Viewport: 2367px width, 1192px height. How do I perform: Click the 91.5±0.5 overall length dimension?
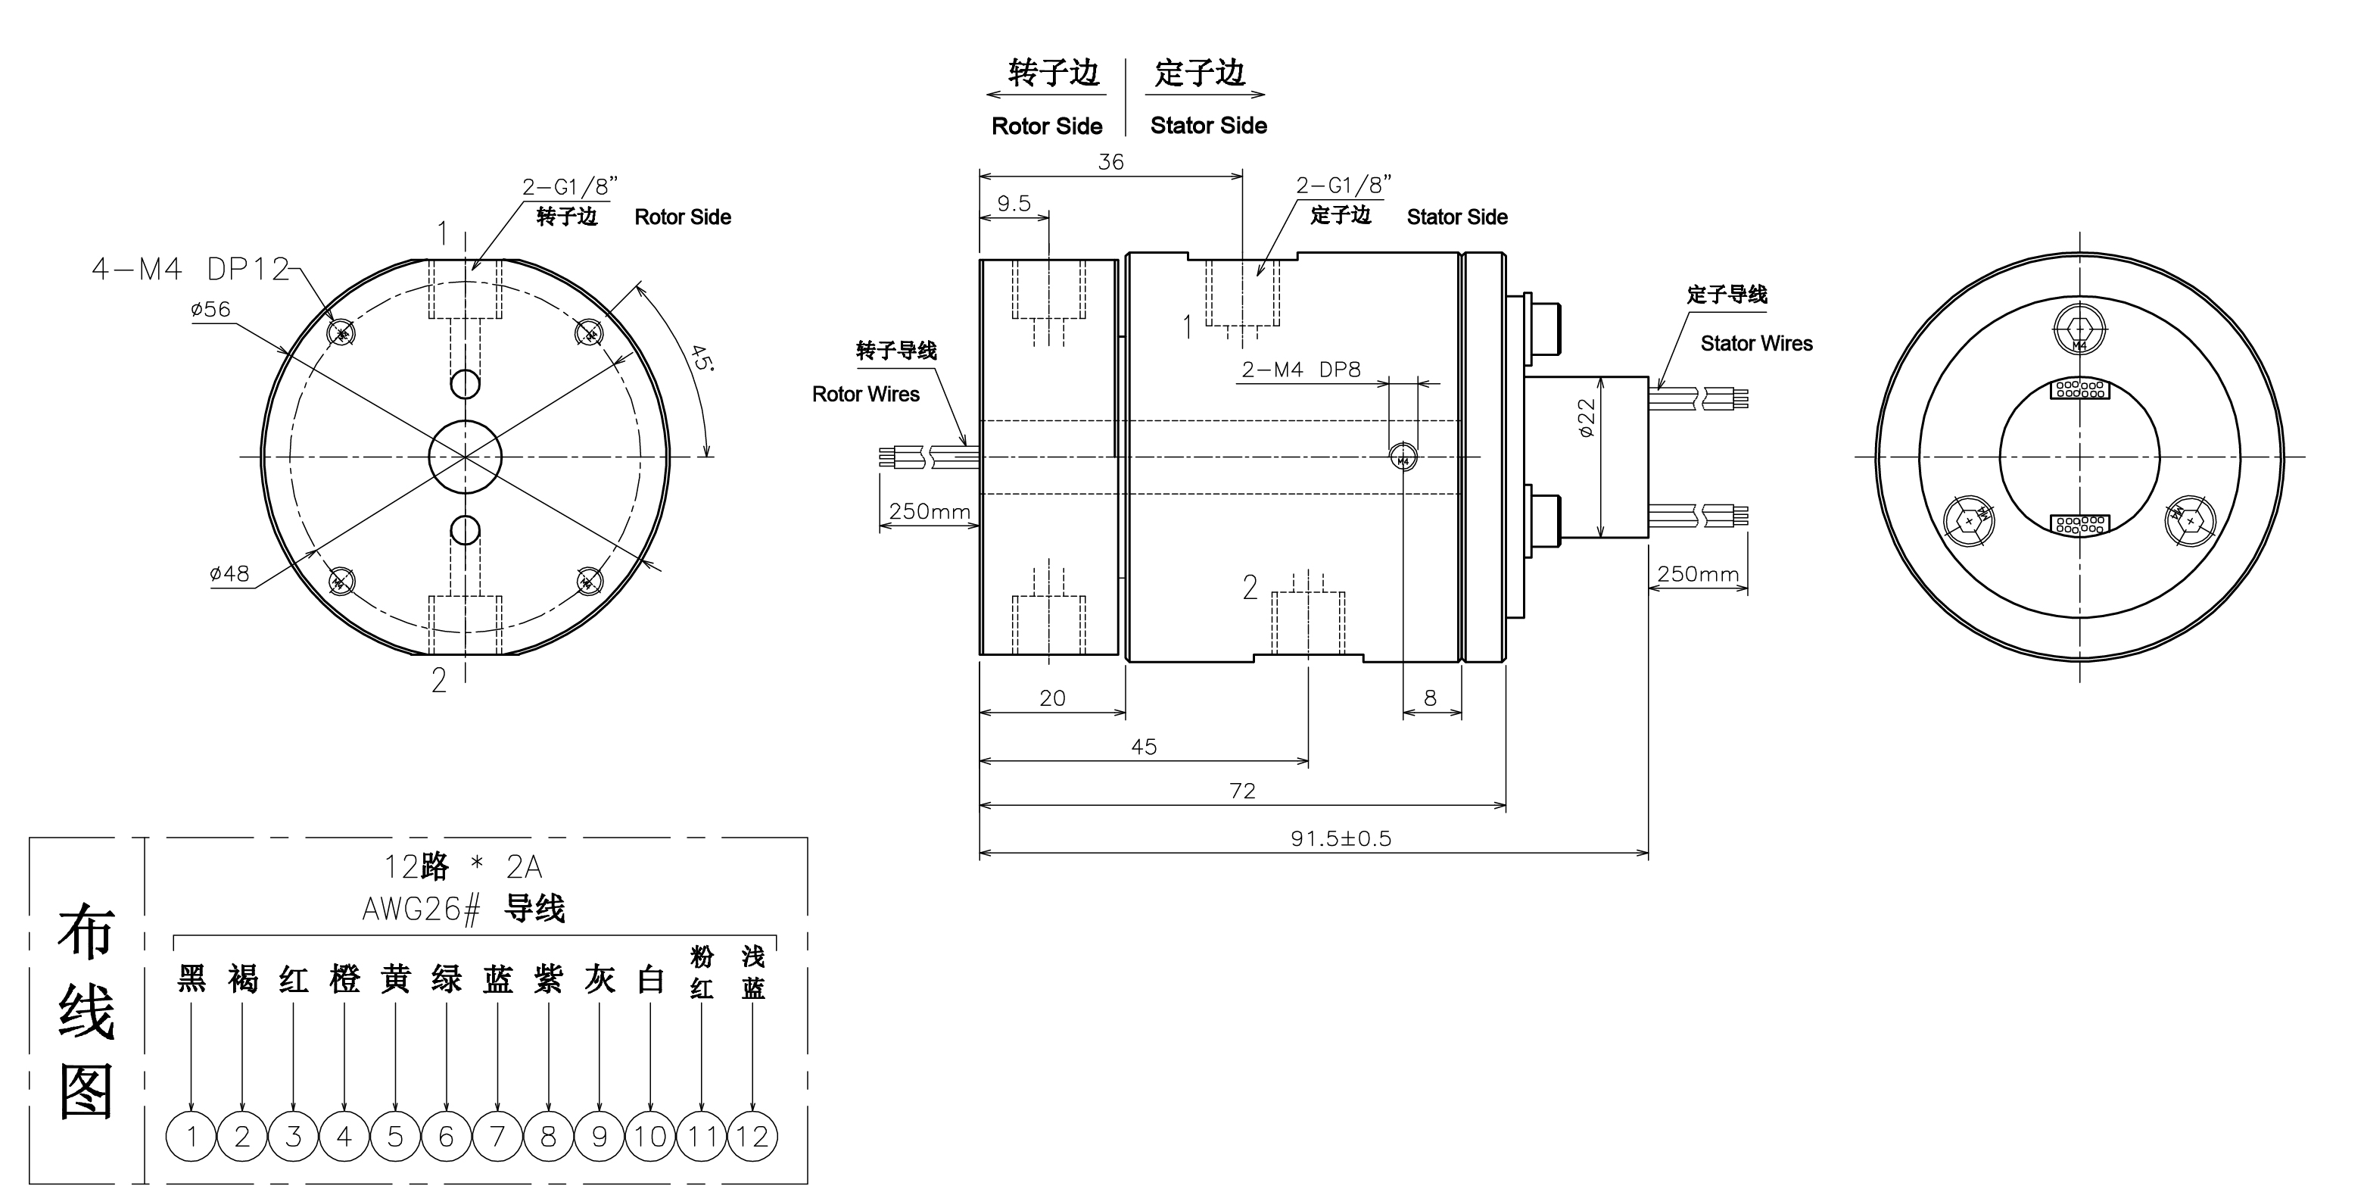1341,838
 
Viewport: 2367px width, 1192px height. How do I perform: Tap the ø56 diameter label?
210,309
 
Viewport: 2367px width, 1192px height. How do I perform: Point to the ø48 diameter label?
229,573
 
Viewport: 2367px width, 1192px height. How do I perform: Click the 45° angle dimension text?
701,357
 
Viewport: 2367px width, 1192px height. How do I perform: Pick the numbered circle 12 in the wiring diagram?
752,1137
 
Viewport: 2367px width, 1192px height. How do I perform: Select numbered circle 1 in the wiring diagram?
191,1137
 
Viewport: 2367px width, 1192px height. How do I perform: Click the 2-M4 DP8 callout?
1300,370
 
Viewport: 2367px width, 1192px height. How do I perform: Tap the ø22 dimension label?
1586,417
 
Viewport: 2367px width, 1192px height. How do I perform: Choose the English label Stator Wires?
1756,344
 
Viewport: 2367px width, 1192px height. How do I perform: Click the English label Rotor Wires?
865,395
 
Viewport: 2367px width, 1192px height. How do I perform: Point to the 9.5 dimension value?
1014,203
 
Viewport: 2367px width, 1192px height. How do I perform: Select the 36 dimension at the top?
1111,162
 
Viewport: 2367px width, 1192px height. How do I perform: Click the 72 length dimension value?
1242,791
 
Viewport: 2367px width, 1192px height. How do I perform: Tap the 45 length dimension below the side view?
1144,746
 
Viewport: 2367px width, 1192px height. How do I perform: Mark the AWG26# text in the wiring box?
421,910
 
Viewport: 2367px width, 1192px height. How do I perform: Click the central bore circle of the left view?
465,457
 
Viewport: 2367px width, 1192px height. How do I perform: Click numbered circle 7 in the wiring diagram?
497,1137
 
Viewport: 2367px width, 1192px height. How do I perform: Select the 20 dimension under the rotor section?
1052,698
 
